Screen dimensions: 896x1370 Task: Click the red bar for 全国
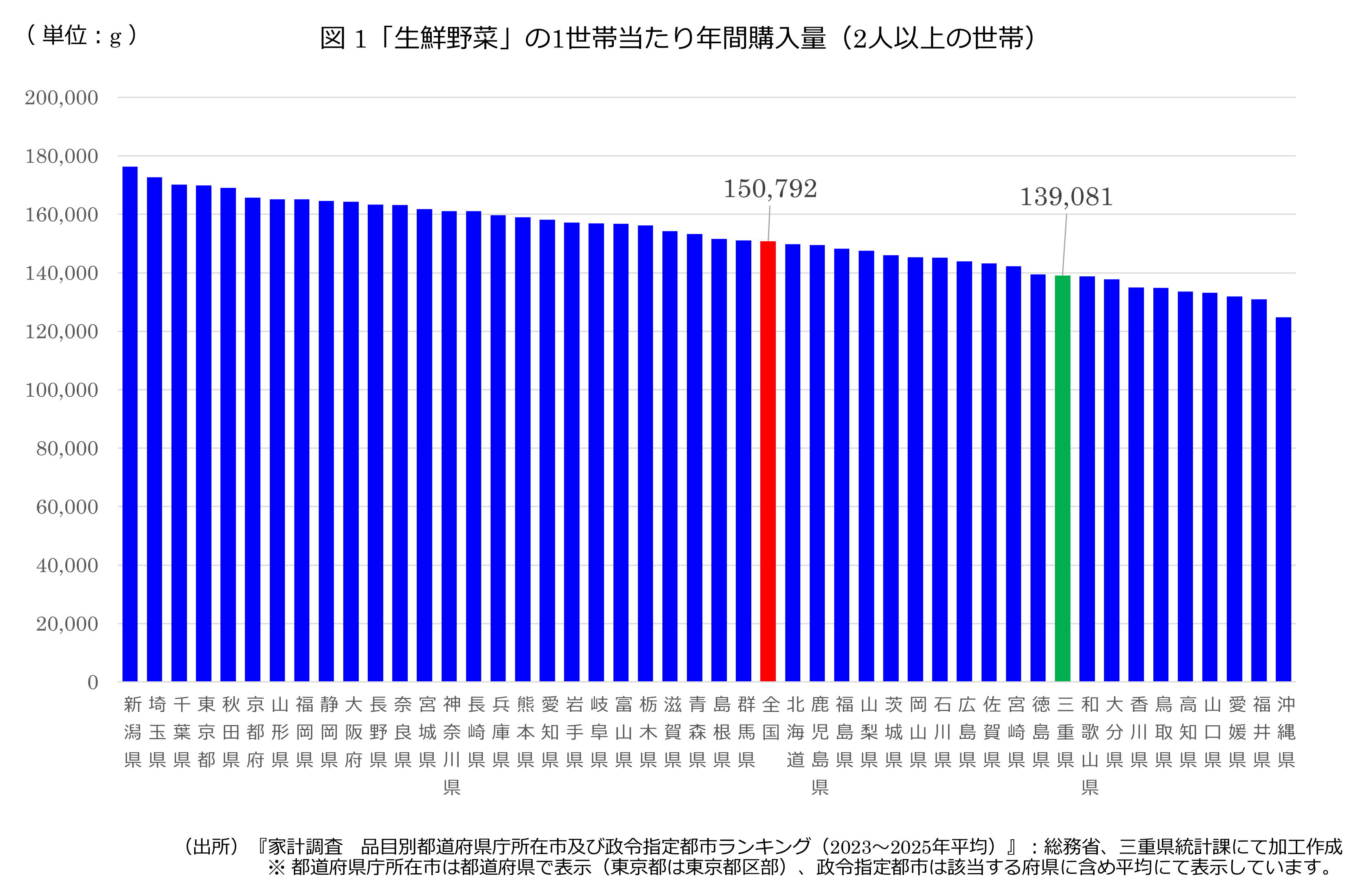click(768, 461)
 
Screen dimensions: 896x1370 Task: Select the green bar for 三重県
click(1063, 478)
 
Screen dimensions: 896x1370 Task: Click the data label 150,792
click(770, 189)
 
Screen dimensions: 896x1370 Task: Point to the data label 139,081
click(1067, 197)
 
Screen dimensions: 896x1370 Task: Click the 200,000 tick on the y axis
click(61, 98)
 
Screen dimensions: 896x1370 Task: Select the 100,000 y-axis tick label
click(61, 390)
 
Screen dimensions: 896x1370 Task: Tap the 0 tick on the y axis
click(93, 683)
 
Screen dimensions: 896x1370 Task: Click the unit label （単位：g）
click(82, 36)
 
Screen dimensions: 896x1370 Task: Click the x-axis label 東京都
click(206, 732)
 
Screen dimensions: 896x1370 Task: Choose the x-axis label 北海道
click(795, 732)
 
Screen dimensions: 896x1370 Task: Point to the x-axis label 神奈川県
click(452, 746)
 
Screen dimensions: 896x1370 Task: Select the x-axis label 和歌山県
click(1090, 746)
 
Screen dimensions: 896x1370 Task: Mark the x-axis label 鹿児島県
click(820, 746)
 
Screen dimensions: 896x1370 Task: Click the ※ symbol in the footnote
click(277, 867)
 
